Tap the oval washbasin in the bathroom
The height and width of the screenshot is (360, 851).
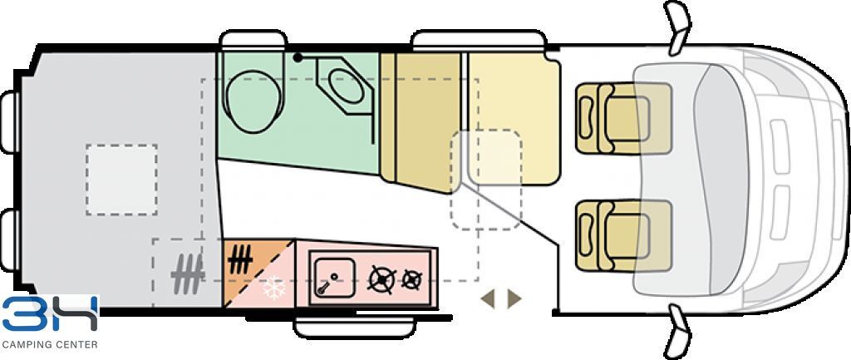[346, 86]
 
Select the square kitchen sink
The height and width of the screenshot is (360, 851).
[335, 277]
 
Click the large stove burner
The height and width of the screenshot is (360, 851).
[382, 279]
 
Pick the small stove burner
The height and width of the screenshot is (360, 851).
[411, 279]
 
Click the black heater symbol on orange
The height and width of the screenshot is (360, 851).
[240, 260]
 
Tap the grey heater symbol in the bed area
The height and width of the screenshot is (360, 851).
[187, 274]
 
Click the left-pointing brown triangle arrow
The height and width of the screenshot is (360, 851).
[488, 298]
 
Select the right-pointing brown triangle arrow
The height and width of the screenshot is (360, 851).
[514, 298]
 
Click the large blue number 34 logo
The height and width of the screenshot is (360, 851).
[50, 314]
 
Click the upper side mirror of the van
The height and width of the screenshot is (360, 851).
[676, 27]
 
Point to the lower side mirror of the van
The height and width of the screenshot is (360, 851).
[676, 331]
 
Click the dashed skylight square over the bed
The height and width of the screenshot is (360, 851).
[121, 180]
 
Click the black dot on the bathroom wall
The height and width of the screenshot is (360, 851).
[297, 57]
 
